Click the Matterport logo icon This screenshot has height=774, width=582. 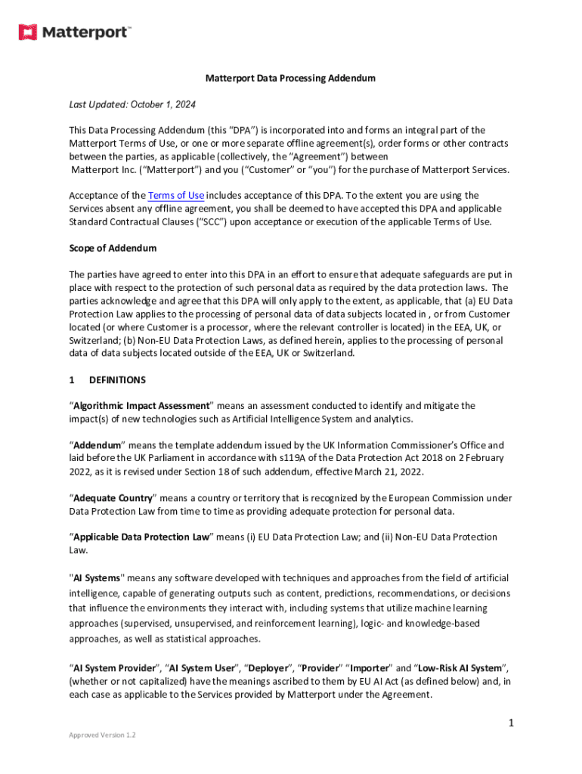(x=28, y=32)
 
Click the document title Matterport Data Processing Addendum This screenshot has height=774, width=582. (x=291, y=78)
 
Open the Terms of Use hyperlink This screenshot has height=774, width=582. (x=176, y=195)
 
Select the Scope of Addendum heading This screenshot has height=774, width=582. (x=113, y=248)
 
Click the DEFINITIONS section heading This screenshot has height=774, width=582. (x=117, y=379)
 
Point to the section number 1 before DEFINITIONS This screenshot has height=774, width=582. (x=72, y=379)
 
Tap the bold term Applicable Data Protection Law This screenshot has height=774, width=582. (x=141, y=537)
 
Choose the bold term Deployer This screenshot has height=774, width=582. (x=269, y=668)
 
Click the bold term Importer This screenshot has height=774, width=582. (x=368, y=668)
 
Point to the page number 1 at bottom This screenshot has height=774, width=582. (x=511, y=723)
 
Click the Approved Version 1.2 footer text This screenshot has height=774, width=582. (x=102, y=735)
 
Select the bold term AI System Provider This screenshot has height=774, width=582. (x=113, y=668)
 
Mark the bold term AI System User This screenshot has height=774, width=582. (x=203, y=668)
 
